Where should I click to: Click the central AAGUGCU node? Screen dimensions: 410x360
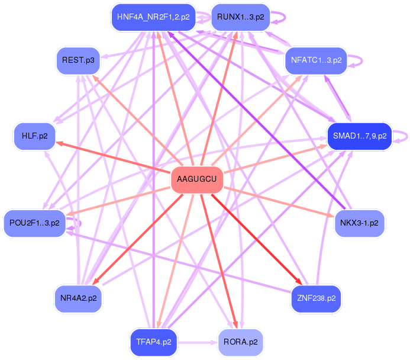(x=197, y=179)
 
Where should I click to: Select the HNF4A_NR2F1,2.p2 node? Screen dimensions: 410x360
(x=153, y=17)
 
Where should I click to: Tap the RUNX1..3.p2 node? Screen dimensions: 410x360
(x=240, y=17)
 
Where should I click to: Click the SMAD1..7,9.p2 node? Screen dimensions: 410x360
(x=359, y=136)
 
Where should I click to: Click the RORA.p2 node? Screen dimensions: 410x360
(x=241, y=342)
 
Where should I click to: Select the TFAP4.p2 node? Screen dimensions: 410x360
(x=153, y=342)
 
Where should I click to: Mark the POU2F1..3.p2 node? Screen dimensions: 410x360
(x=35, y=223)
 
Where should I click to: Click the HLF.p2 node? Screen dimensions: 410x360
(x=34, y=136)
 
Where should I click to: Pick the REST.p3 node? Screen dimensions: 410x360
(x=78, y=60)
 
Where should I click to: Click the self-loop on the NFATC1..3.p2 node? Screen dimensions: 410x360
(x=356, y=60)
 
